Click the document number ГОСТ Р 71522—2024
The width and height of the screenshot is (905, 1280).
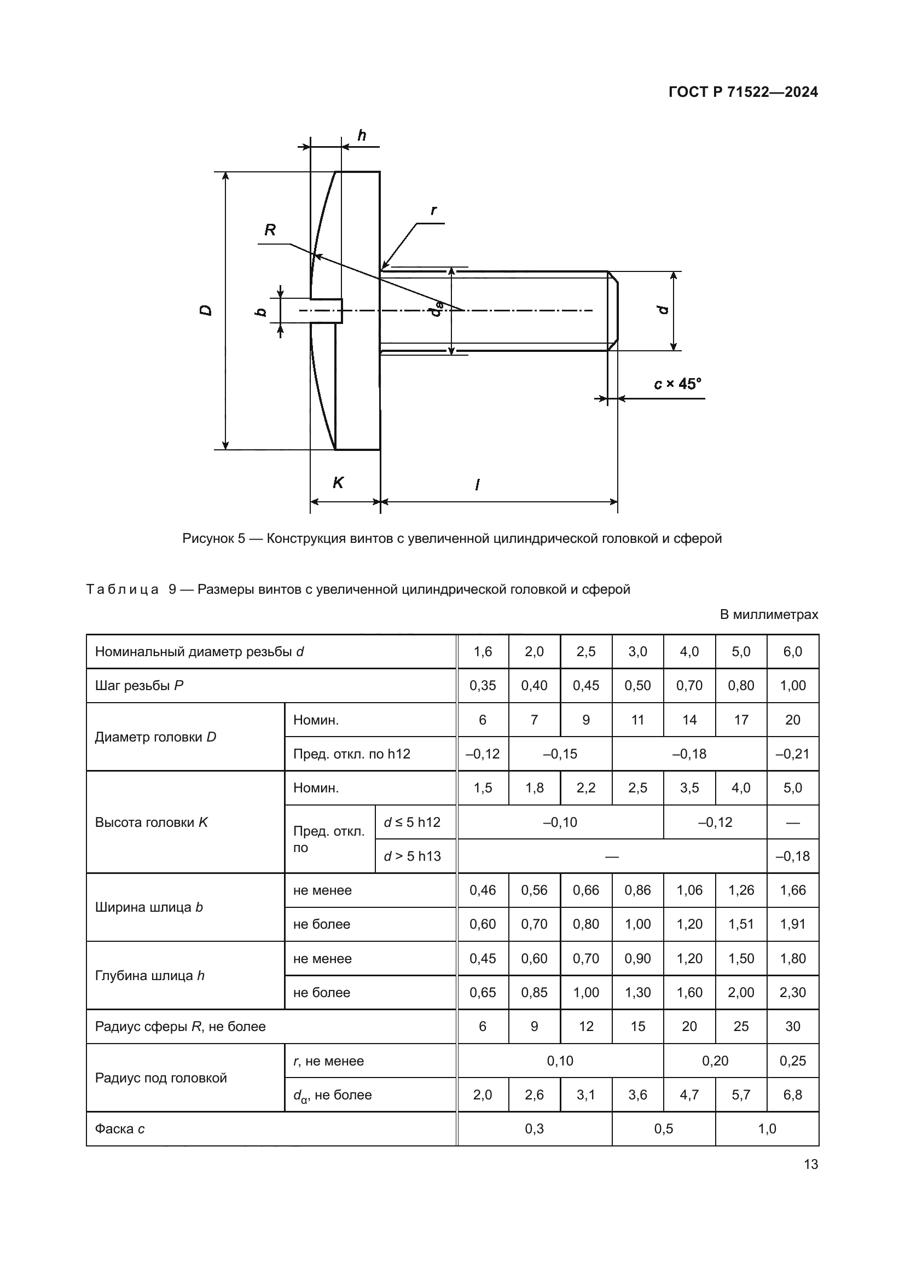pyautogui.click(x=743, y=92)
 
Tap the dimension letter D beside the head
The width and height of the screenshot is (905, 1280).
pyautogui.click(x=206, y=310)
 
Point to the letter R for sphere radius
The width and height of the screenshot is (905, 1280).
pyautogui.click(x=270, y=230)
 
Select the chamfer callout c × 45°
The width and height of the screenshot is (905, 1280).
pyautogui.click(x=677, y=384)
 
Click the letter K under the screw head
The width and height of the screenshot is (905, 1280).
pyautogui.click(x=338, y=482)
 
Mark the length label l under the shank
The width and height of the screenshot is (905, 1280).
pyautogui.click(x=477, y=484)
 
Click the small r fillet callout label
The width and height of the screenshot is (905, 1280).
pyautogui.click(x=433, y=210)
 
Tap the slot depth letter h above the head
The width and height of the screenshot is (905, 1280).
pyautogui.click(x=362, y=135)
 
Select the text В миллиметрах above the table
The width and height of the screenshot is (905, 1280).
pyautogui.click(x=769, y=615)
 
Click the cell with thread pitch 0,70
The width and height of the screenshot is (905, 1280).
pyautogui.click(x=689, y=686)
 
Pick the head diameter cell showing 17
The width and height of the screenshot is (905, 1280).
pyautogui.click(x=741, y=720)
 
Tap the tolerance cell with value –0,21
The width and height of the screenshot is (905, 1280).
pyautogui.click(x=792, y=754)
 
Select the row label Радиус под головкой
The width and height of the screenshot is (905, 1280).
pyautogui.click(x=161, y=1078)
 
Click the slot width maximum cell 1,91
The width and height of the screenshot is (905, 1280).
pyautogui.click(x=792, y=924)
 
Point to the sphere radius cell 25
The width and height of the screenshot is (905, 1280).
pyautogui.click(x=741, y=1026)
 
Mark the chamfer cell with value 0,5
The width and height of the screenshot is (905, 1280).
pyautogui.click(x=663, y=1129)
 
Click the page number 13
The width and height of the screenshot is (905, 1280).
pyautogui.click(x=811, y=1164)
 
